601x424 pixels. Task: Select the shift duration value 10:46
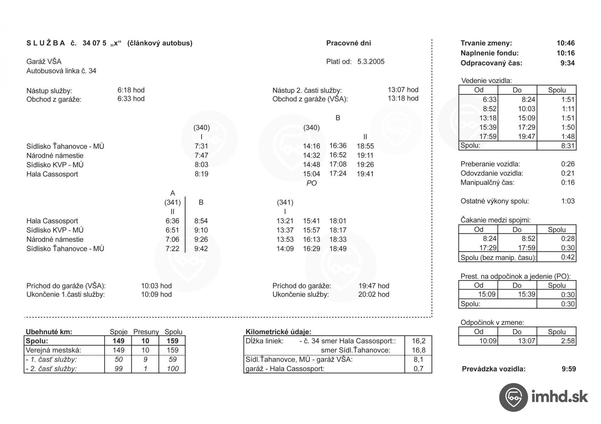click(565, 43)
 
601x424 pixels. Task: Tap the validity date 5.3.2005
click(371, 62)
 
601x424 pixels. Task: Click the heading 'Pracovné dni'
click(348, 43)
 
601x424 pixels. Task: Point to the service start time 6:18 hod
click(131, 90)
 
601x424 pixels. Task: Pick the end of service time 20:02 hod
click(373, 294)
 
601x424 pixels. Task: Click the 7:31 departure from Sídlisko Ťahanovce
click(201, 146)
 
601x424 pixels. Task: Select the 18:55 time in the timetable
click(365, 146)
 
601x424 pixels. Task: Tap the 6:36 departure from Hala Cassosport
click(172, 221)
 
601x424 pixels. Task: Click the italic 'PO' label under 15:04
click(311, 183)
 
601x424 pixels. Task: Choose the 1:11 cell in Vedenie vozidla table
click(568, 109)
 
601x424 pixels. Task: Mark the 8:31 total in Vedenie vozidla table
click(568, 146)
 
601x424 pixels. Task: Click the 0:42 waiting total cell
click(568, 257)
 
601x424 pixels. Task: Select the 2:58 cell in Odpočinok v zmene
click(568, 341)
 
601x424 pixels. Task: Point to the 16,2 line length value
click(418, 341)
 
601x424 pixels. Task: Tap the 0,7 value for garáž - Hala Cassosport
click(418, 369)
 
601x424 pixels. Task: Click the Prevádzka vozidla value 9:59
click(568, 369)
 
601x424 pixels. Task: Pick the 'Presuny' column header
click(146, 332)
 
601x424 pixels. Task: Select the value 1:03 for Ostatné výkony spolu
click(568, 201)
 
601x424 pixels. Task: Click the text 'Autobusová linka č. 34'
click(61, 71)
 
